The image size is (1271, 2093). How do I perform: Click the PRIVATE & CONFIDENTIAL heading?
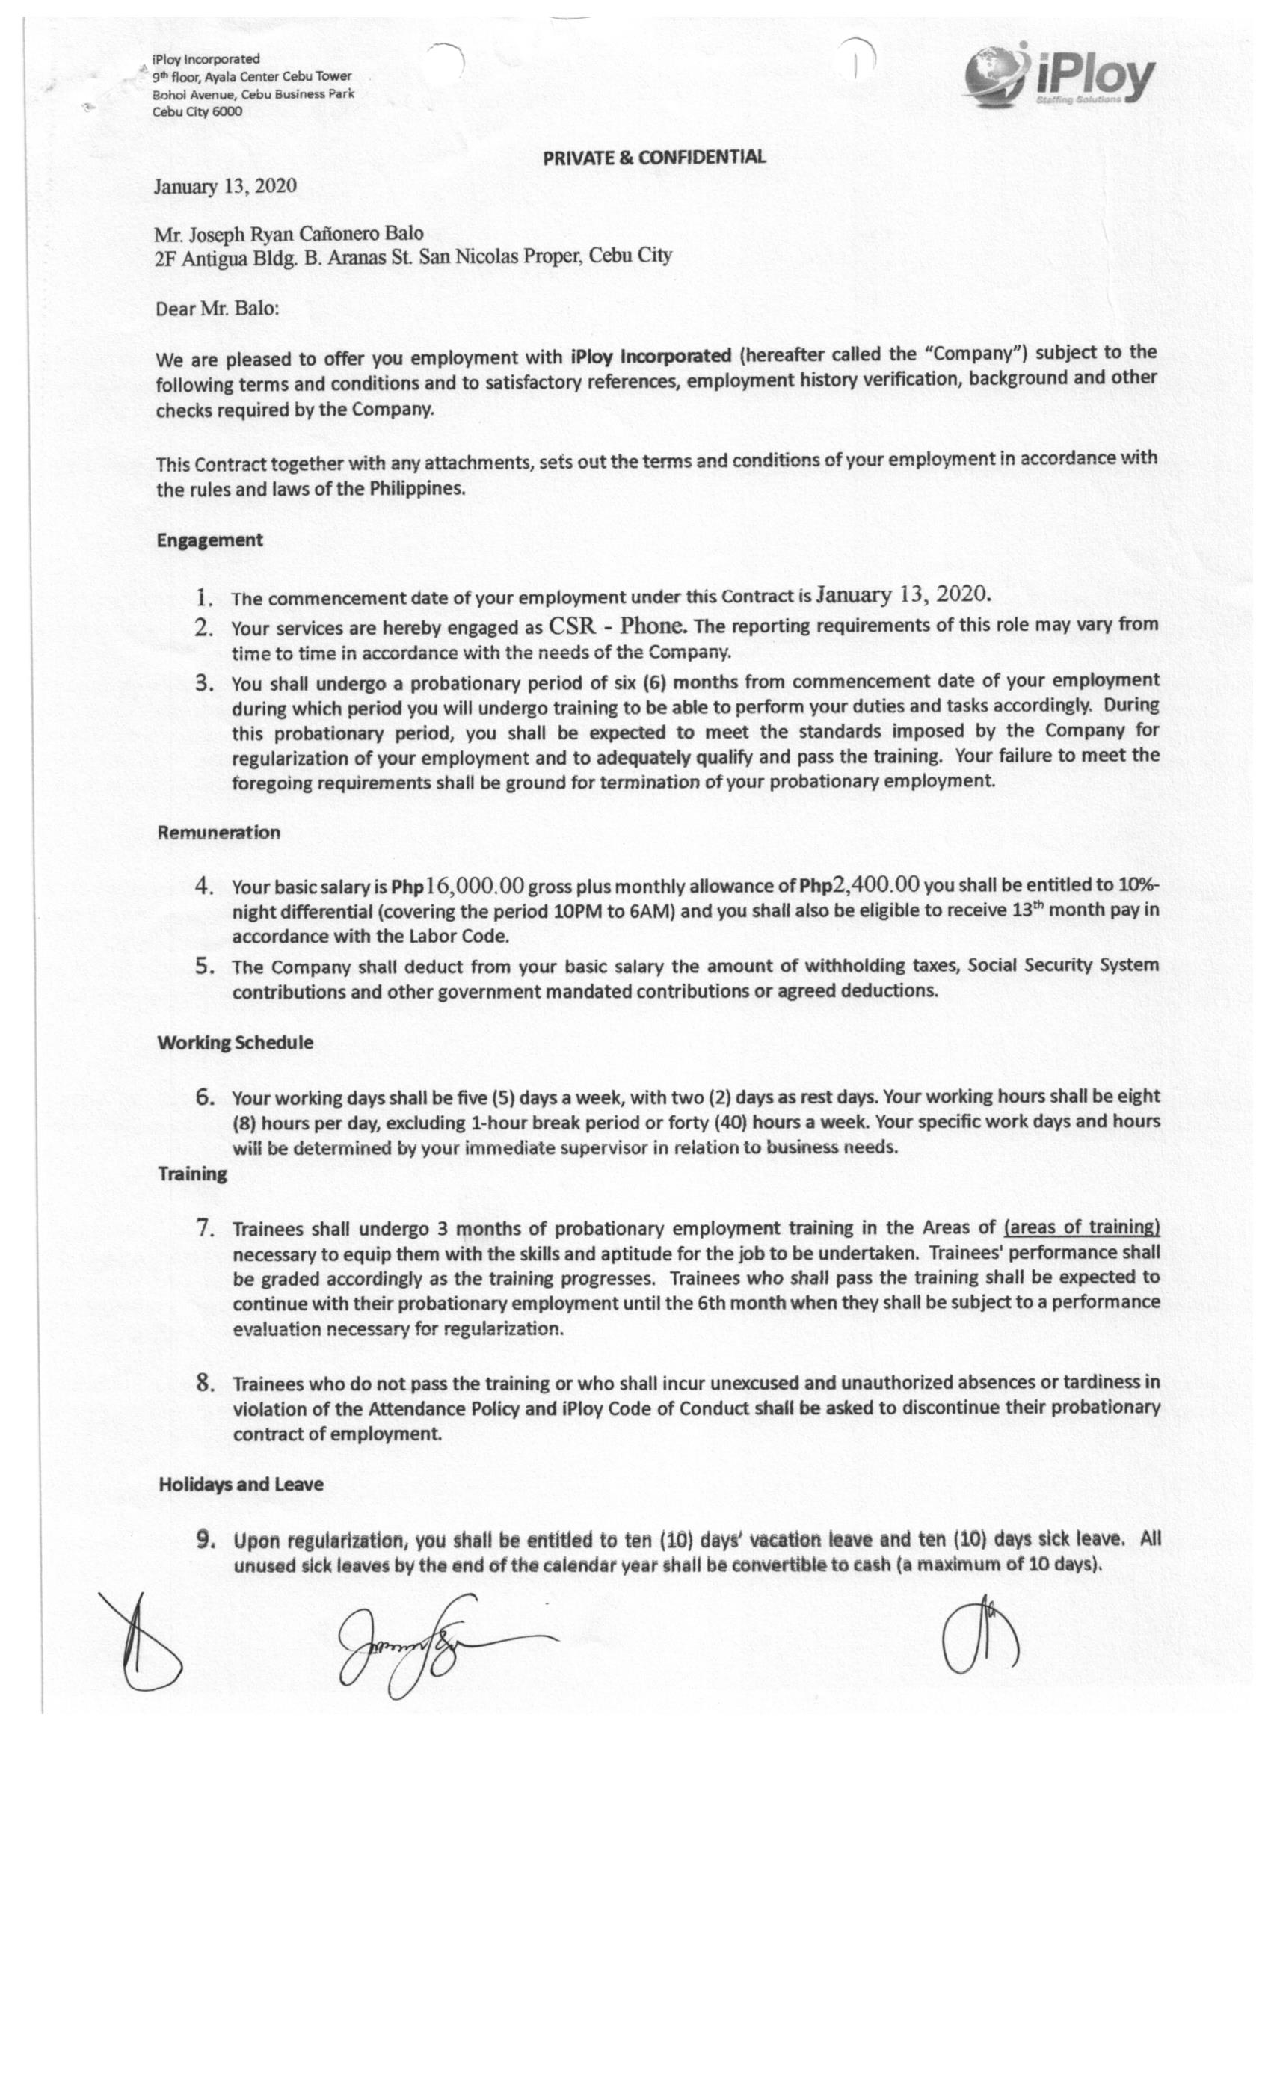pos(653,157)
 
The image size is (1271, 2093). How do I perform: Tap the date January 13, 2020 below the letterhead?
pos(225,186)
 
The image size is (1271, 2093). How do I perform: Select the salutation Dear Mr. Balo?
pos(217,307)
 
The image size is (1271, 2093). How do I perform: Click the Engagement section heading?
pos(210,540)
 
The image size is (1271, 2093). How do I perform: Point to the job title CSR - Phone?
pos(616,626)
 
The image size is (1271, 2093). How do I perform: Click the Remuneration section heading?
pos(218,833)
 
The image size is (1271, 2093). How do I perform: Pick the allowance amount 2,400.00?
pos(876,884)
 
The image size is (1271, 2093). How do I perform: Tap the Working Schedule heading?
pos(235,1042)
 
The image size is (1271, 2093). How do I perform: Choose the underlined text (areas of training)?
pos(1080,1227)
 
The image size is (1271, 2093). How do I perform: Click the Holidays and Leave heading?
pos(241,1484)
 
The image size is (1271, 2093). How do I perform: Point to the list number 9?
pos(204,1540)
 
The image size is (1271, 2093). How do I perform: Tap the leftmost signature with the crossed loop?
pos(141,1644)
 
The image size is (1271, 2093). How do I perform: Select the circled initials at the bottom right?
pos(980,1636)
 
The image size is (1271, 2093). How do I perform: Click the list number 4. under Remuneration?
pos(204,886)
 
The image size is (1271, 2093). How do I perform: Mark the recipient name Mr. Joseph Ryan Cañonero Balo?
pos(288,232)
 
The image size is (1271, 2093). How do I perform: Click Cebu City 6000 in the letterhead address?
pos(197,111)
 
